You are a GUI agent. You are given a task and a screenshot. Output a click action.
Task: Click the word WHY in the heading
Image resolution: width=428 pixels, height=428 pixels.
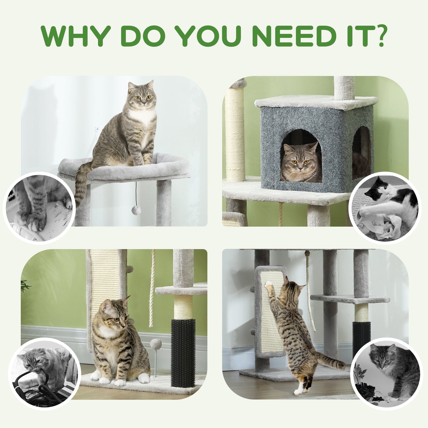tap(76, 36)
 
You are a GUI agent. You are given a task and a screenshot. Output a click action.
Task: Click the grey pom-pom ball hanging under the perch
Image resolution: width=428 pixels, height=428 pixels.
tap(136, 210)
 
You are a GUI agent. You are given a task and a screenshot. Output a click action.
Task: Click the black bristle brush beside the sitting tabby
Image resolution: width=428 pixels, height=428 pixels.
tap(183, 352)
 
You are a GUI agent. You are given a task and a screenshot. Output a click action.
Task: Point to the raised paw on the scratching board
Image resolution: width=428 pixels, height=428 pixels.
tap(269, 284)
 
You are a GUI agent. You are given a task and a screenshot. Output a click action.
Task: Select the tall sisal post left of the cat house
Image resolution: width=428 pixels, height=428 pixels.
tap(235, 133)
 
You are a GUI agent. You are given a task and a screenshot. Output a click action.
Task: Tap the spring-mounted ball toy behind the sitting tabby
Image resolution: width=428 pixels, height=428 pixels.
tap(156, 345)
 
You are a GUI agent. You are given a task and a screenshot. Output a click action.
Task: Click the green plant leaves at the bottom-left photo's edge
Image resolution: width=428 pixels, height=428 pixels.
tap(25, 286)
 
